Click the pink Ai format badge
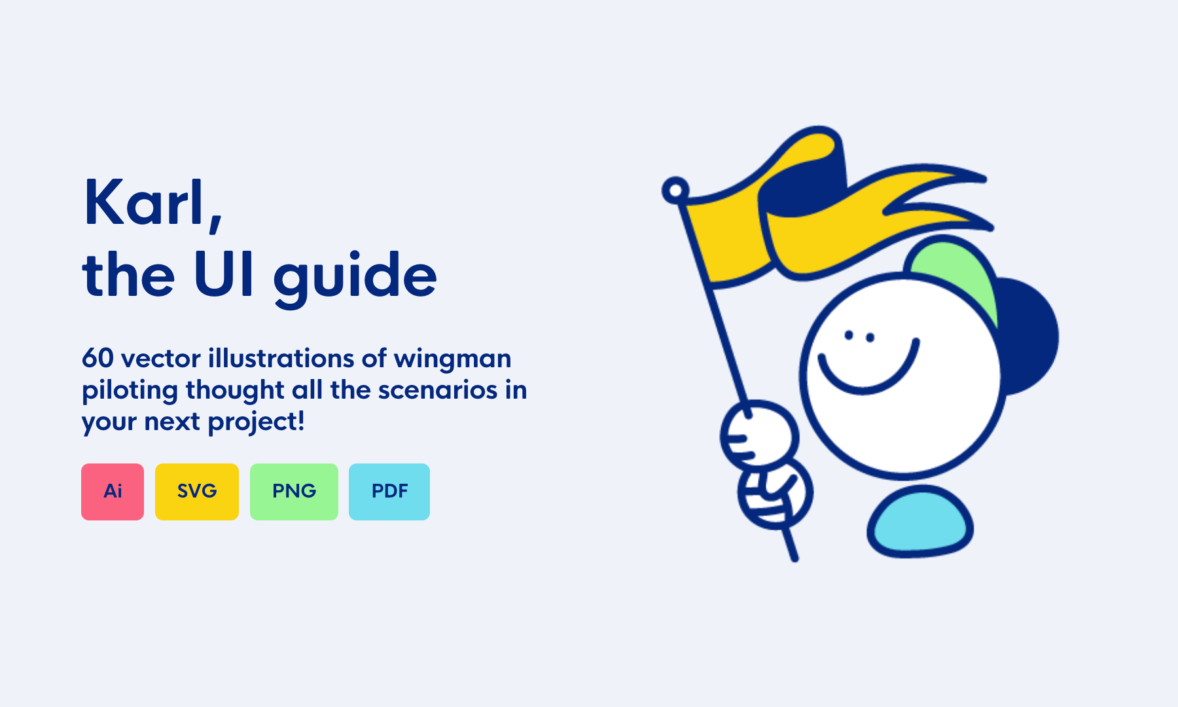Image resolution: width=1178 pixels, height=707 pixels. click(113, 492)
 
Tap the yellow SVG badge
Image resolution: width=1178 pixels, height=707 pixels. click(197, 492)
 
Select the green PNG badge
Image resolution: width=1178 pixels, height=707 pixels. click(294, 492)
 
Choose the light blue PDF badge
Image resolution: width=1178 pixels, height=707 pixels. click(389, 492)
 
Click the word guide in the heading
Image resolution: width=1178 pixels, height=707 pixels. click(355, 279)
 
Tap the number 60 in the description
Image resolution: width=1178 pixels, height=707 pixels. click(98, 358)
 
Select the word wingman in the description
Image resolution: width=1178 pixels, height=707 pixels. click(452, 361)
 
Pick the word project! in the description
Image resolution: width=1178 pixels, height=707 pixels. click(257, 422)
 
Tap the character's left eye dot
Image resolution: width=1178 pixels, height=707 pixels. click(849, 335)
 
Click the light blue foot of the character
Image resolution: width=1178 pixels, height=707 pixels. click(920, 522)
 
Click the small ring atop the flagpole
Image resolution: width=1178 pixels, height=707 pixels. click(675, 190)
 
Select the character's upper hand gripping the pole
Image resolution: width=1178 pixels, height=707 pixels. click(759, 435)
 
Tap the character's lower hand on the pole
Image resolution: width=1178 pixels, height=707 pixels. click(775, 493)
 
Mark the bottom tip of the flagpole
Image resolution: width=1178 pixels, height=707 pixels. click(794, 558)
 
